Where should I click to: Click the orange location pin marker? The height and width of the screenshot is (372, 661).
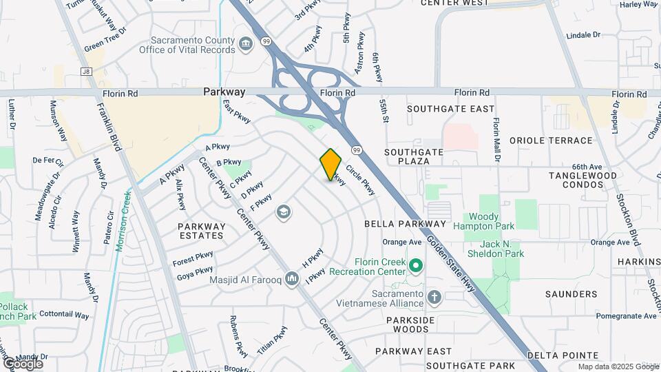tap(330, 165)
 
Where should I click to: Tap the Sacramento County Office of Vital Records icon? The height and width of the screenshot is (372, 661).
tap(245, 46)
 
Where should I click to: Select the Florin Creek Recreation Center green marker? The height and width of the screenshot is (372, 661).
tap(415, 265)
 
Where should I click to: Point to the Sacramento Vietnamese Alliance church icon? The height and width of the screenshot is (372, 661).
tap(434, 298)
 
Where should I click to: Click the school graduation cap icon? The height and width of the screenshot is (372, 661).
tap(282, 212)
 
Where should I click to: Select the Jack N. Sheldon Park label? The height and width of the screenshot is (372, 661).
tap(502, 249)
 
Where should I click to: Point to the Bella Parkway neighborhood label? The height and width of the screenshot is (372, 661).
tap(405, 224)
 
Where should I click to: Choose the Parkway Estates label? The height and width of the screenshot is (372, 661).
tap(201, 230)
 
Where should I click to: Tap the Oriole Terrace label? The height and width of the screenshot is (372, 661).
tap(551, 141)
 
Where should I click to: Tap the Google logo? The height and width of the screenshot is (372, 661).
tap(23, 363)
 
